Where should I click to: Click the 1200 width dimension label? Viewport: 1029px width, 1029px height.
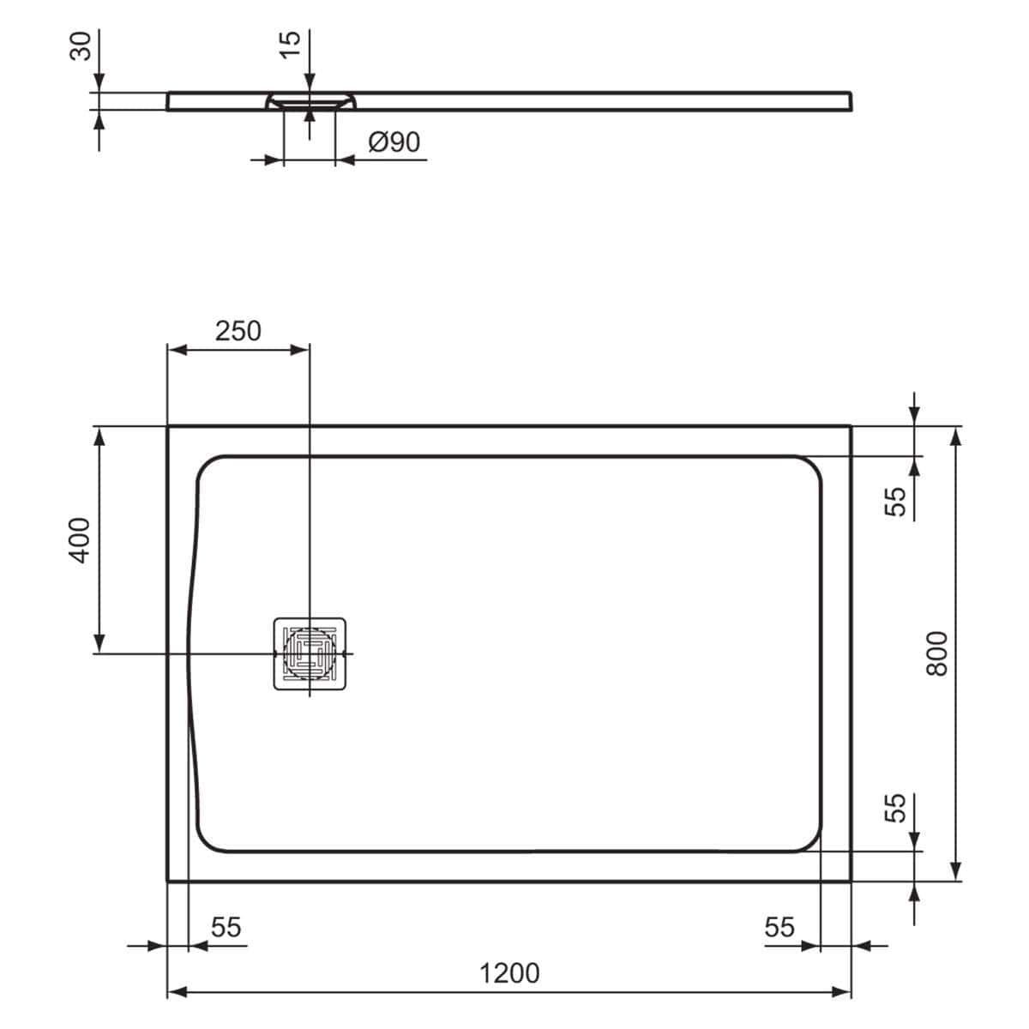[x=509, y=973]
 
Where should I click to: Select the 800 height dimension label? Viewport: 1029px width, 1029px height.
[x=938, y=653]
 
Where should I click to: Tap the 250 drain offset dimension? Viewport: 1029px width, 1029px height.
[x=238, y=331]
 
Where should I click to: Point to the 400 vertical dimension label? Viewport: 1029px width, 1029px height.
[x=79, y=539]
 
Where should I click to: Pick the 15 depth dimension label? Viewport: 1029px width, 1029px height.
[x=291, y=44]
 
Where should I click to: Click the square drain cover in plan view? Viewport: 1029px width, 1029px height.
[x=310, y=653]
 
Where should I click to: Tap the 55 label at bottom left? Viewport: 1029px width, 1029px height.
[x=226, y=927]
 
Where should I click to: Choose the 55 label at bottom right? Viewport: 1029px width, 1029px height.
[x=779, y=927]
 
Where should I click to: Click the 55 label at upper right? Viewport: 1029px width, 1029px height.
[x=894, y=501]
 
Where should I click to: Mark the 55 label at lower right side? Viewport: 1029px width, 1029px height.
[x=894, y=807]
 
